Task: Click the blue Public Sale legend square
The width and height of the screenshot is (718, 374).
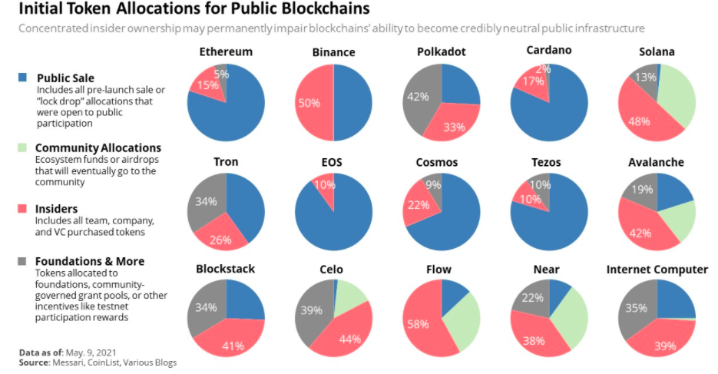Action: [22, 78]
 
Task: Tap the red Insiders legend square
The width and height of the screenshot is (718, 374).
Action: [22, 209]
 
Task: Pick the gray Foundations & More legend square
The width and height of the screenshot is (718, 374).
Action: [22, 261]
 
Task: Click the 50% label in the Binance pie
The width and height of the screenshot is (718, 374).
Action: [309, 103]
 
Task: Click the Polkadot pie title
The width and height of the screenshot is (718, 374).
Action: [441, 52]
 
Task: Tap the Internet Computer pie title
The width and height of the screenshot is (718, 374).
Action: [657, 270]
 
